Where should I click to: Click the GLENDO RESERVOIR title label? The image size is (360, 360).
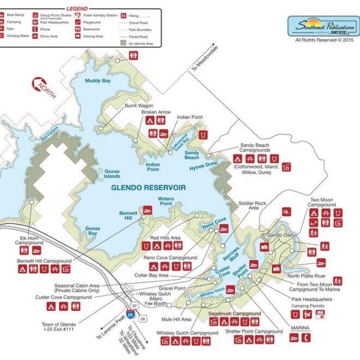tap(148, 187)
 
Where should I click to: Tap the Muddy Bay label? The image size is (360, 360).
tap(98, 81)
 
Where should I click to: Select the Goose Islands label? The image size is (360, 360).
tap(112, 173)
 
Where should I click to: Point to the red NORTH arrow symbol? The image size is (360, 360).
tap(43, 87)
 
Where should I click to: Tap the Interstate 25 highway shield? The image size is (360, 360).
tap(129, 314)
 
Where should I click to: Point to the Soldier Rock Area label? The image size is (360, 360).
tap(253, 206)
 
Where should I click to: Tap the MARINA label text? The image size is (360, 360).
tap(301, 328)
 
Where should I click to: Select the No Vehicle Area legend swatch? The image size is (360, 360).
tap(123, 43)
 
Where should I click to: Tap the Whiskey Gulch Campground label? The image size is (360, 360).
tap(187, 333)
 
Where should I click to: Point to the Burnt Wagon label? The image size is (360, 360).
tap(139, 105)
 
